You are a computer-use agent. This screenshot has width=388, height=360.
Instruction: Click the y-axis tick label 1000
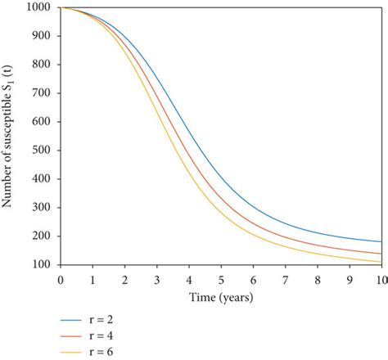[x=39, y=8]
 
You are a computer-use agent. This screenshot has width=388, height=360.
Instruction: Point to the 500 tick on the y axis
[x=43, y=151]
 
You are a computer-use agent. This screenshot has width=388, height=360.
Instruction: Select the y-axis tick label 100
[x=43, y=265]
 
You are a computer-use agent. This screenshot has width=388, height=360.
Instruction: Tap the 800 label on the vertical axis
[x=43, y=65]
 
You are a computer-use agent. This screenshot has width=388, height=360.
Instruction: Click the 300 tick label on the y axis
[x=43, y=208]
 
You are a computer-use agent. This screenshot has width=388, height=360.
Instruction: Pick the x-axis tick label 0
[x=60, y=279]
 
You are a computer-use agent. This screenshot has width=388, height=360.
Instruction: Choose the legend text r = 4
[x=102, y=333]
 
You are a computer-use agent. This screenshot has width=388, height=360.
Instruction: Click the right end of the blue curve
[x=381, y=242]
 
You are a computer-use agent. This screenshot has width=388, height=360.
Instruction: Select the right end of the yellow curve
[x=381, y=262]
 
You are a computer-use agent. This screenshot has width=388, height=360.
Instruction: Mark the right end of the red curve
[x=381, y=254]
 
